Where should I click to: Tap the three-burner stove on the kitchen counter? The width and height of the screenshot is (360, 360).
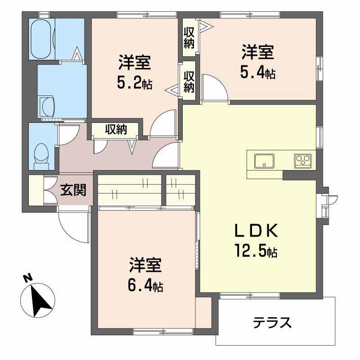[303, 160]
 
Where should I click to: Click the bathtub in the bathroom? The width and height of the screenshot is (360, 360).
[42, 38]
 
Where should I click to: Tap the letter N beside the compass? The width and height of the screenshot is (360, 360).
[27, 278]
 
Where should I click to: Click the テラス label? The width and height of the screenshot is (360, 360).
[272, 322]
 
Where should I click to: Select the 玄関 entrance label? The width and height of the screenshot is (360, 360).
[73, 190]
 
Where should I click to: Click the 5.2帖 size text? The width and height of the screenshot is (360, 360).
[134, 82]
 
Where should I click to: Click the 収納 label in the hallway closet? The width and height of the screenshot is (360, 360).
[116, 129]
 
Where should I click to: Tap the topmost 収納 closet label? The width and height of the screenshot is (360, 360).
[189, 38]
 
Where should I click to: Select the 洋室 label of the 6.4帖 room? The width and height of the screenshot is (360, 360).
[145, 266]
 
